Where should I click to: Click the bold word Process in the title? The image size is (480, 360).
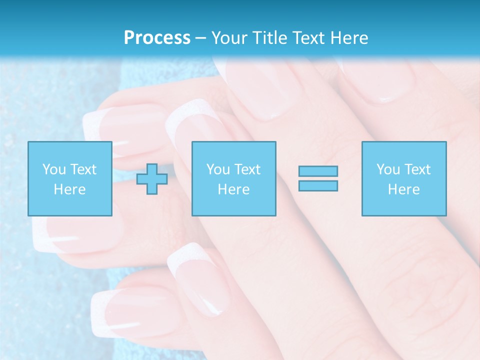coord(157,37)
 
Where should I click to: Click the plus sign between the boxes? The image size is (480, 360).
coord(152,179)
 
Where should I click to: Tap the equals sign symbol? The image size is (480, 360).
coord(318,178)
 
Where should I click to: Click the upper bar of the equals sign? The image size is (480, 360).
coord(318,171)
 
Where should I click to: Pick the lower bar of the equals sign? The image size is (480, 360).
coord(318,186)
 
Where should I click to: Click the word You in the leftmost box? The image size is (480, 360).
coord(54,169)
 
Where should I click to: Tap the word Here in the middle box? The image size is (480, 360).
coord(233,189)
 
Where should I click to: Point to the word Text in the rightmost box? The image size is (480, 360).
coord(417,169)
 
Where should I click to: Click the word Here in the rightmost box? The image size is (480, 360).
coord(403,189)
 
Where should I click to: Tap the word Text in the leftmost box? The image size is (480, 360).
coord(83,169)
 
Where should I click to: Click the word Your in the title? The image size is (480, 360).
coord(229,37)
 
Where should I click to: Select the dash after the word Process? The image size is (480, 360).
coord(201,38)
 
